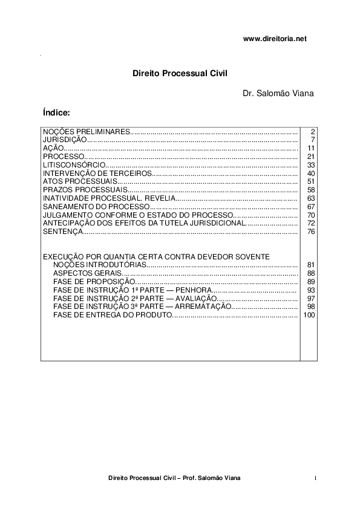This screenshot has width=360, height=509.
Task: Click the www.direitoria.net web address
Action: coord(275,38)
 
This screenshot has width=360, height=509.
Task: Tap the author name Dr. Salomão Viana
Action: coord(278,94)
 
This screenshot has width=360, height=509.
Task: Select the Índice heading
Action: coord(57,112)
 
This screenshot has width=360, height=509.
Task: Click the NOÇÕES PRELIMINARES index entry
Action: coord(85,131)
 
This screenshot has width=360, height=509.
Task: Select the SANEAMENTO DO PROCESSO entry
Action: coord(91,206)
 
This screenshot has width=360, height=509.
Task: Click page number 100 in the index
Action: coord(309,315)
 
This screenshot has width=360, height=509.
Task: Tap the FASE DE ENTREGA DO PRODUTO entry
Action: coord(109,315)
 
